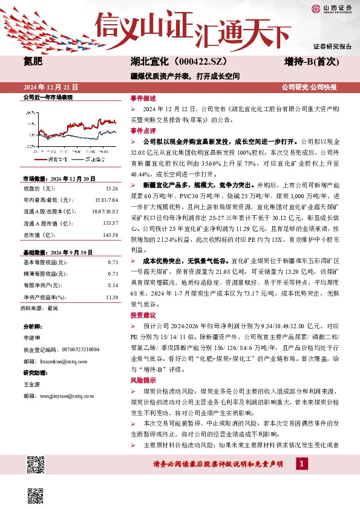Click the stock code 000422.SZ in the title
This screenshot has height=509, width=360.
click(182, 62)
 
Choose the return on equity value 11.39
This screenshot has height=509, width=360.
click(111, 280)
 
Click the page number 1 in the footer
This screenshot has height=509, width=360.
click(302, 463)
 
